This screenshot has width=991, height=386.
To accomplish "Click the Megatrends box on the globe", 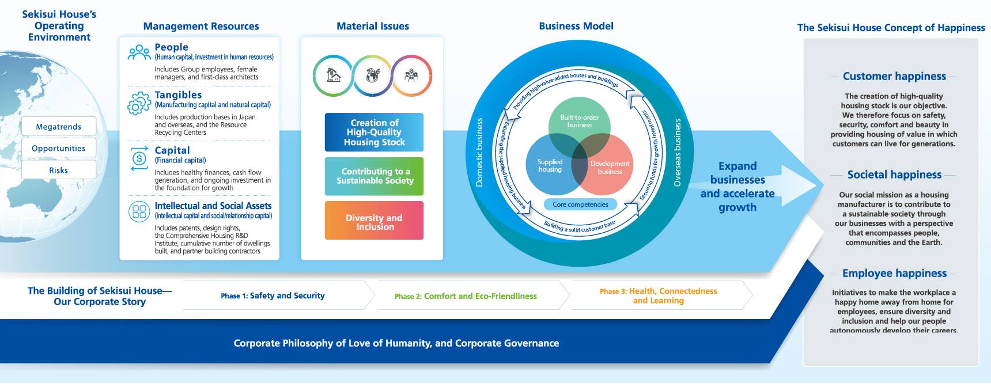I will [59, 127].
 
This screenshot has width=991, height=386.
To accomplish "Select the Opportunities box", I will [59, 148].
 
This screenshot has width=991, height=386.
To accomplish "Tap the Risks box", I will [59, 170].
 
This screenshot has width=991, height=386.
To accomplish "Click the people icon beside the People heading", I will [139, 52].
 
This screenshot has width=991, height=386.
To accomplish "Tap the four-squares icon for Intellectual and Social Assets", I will [139, 211].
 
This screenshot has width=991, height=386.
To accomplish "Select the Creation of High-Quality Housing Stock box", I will [374, 133].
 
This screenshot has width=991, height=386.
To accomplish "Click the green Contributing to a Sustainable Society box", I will [374, 176].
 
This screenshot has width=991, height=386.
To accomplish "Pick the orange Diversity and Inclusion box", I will [374, 221].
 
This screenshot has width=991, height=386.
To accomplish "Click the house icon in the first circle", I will [333, 75].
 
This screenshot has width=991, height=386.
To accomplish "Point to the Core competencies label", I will [580, 205].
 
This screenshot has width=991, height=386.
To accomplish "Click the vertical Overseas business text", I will [678, 153].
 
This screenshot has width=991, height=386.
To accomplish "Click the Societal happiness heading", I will [894, 175].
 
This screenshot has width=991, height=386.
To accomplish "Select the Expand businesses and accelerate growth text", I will [737, 187].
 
